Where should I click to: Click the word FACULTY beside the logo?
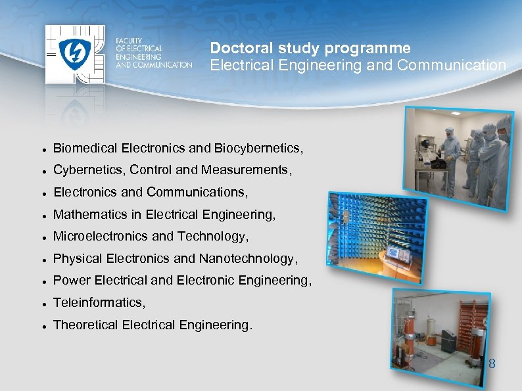(x=129, y=41)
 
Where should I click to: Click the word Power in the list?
(x=71, y=281)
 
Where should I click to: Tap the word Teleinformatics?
(x=97, y=302)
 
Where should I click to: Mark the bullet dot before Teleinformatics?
(x=42, y=304)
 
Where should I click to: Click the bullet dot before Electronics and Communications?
(x=42, y=193)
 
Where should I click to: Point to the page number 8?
(x=492, y=363)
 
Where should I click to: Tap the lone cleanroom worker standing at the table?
(x=452, y=154)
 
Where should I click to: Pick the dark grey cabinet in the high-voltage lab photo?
(x=448, y=340)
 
